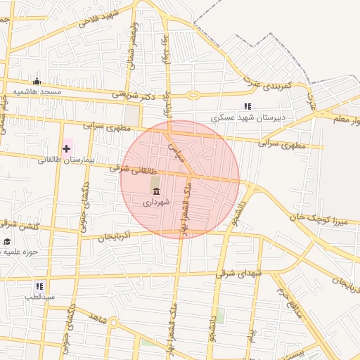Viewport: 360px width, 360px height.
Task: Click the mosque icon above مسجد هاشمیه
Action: pos(37,81)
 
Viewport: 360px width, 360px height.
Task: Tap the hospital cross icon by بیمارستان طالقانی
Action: pos(67,148)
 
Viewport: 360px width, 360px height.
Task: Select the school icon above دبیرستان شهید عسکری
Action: pos(247,106)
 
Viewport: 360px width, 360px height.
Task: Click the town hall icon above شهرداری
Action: pos(155,191)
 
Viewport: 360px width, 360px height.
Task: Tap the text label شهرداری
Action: pos(155,202)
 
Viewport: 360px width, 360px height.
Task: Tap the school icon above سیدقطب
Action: pos(39,286)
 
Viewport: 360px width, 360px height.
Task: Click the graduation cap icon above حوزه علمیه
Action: pos(7,241)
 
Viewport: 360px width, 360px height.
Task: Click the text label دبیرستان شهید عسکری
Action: pos(249,117)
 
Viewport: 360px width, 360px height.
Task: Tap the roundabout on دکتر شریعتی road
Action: pos(193,95)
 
